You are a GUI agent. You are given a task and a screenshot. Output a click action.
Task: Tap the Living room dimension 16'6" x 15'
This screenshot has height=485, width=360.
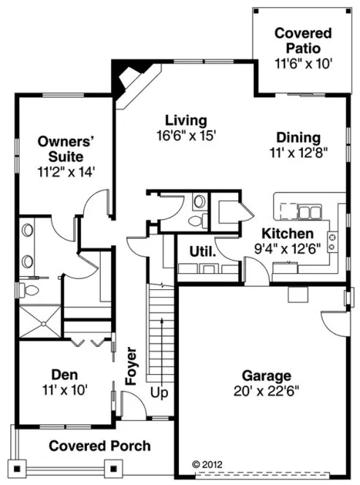(x=186, y=135)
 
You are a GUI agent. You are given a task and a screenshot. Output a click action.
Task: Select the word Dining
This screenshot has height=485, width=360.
(x=298, y=137)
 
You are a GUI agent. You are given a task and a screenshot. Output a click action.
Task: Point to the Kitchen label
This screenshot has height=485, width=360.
(x=288, y=234)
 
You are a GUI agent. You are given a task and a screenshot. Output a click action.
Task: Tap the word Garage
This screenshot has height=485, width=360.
(x=267, y=375)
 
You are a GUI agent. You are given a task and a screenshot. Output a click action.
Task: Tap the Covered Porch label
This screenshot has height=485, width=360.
(x=100, y=446)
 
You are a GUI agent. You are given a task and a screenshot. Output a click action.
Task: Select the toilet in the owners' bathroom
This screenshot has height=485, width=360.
(x=30, y=290)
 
